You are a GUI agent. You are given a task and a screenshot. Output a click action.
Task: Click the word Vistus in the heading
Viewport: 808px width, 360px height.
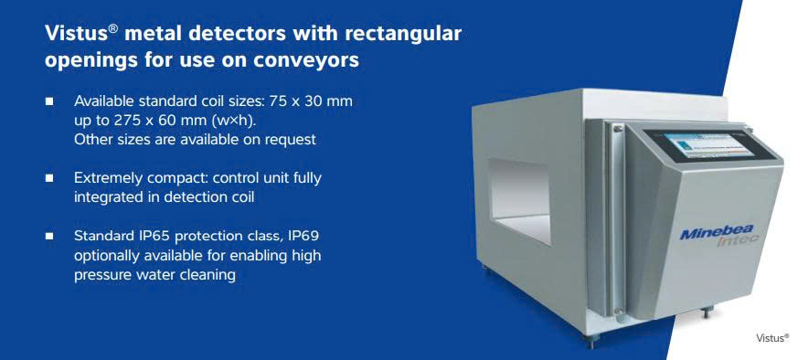[x=77, y=34]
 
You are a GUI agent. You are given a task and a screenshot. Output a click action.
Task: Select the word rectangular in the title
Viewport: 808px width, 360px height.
[x=403, y=34]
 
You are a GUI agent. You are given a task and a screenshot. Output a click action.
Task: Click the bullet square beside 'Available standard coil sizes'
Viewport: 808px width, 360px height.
[x=49, y=101]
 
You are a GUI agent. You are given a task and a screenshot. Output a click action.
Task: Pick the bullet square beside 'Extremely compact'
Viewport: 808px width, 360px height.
[x=49, y=178]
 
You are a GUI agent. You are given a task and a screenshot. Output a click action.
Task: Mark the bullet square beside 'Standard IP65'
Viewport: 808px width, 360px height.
[x=49, y=237]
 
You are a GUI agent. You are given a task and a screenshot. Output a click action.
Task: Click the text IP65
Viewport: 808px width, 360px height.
[x=154, y=237]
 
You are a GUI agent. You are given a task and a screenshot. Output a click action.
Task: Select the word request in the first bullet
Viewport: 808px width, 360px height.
[x=290, y=141]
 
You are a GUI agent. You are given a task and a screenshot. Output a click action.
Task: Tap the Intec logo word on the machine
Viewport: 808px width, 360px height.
[x=738, y=241]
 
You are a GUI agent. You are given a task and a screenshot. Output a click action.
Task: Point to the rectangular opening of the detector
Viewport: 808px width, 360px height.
[x=519, y=200]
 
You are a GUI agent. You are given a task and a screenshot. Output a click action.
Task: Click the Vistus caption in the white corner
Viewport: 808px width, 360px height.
[x=772, y=338]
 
